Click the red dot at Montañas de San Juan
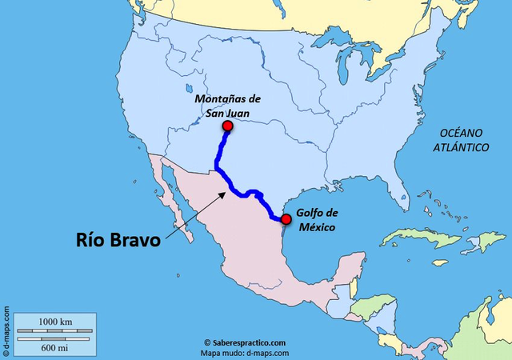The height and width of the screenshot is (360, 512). (227, 126)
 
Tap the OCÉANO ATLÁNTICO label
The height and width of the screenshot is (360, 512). (461, 141)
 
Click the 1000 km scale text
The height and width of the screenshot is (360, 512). (55, 321)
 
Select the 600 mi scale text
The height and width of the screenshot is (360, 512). (55, 347)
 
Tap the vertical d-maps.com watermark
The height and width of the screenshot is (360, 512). (6, 330)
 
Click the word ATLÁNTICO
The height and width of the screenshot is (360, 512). (461, 148)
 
